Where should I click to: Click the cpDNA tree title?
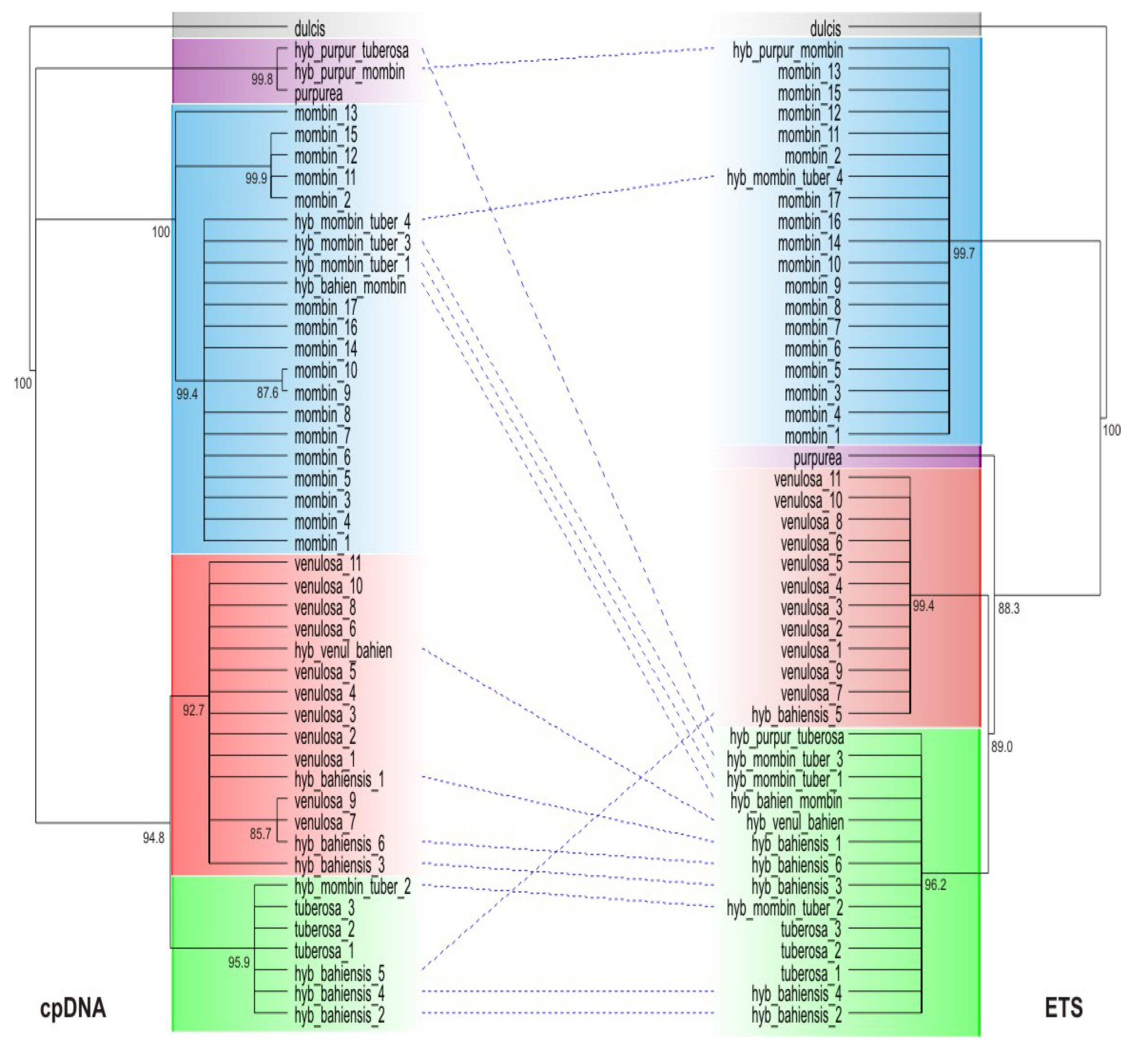tap(73, 1008)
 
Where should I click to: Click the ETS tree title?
tap(1064, 1008)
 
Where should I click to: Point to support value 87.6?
tap(267, 392)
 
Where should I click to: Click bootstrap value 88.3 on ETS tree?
tap(1008, 608)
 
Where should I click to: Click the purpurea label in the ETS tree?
tap(817, 457)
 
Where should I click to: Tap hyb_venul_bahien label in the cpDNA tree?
tap(342, 651)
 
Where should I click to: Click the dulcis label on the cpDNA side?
tap(309, 28)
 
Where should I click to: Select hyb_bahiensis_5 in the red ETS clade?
tap(796, 716)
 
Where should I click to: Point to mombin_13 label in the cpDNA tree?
tap(325, 114)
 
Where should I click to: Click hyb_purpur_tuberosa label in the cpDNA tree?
tap(351, 51)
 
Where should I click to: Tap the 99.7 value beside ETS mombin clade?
tap(964, 254)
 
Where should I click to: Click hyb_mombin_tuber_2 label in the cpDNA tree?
tap(352, 886)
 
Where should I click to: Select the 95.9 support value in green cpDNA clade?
tap(239, 962)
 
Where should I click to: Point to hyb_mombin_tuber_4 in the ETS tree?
tap(784, 178)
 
